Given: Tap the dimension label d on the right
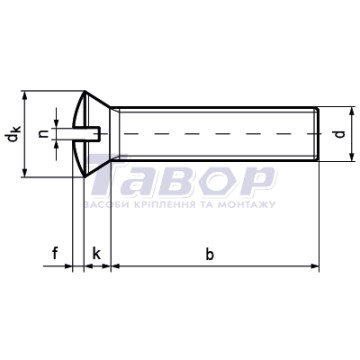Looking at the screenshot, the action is pos(340,134).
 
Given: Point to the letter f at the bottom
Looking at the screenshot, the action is pos(55,254).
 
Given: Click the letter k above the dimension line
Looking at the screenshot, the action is pos(96,254).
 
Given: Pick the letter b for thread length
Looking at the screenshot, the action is pos(209,255).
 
